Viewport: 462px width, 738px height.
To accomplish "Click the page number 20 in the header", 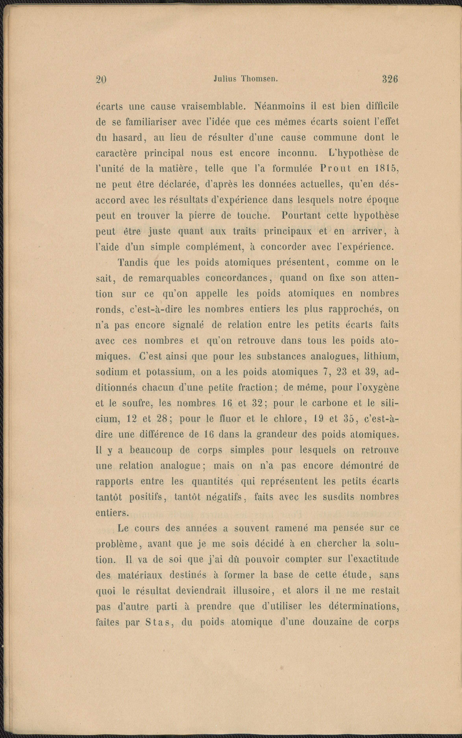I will coord(101,80).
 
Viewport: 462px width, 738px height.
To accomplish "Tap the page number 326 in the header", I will coord(390,79).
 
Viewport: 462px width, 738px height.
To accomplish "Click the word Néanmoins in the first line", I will coord(279,106).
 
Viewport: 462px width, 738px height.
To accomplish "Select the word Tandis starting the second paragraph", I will coord(133,262).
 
